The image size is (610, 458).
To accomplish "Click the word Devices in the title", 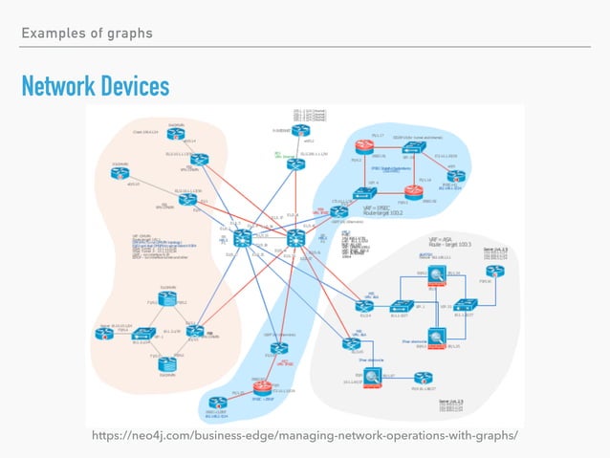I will tap(133, 87).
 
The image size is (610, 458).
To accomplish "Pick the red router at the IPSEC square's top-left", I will tap(365, 146).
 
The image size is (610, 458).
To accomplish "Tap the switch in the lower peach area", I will tap(143, 334).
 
